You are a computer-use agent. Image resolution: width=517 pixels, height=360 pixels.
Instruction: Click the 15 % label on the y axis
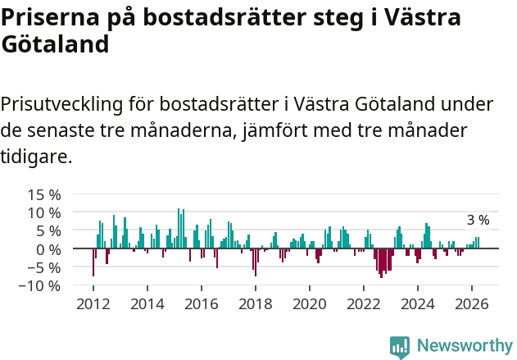tap(44, 195)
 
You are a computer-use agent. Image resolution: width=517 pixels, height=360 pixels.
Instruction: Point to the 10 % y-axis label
tap(44, 213)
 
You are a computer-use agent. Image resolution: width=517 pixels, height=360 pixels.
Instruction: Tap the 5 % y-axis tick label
tap(48, 231)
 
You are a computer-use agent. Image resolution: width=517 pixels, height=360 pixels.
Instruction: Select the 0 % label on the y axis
tap(48, 250)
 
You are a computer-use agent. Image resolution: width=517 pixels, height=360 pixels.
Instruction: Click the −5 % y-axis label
tap(44, 267)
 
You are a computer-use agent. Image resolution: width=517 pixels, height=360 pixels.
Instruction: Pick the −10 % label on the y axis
tap(40, 285)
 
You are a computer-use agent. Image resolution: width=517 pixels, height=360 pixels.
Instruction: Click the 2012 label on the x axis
tap(93, 304)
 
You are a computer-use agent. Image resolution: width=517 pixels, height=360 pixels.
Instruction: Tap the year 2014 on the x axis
tap(147, 304)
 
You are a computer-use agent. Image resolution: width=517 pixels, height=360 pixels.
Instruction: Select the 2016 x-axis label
tap(202, 304)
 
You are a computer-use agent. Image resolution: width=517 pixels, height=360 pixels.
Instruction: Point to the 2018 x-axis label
tap(256, 304)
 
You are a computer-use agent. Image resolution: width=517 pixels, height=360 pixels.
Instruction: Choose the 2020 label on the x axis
tap(310, 304)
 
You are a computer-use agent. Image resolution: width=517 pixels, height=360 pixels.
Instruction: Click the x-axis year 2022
tap(364, 304)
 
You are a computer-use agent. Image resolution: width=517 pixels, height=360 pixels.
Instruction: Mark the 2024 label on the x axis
tap(418, 304)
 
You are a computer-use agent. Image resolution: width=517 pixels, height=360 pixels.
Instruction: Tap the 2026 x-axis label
tap(472, 304)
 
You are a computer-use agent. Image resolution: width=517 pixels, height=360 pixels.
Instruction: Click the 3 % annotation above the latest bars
tap(478, 220)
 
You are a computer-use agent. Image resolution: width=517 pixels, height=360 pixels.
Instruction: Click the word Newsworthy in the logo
tap(465, 345)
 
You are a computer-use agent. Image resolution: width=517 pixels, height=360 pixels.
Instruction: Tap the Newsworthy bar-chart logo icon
tap(400, 347)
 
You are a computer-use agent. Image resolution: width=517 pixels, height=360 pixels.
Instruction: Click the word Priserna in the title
tap(50, 17)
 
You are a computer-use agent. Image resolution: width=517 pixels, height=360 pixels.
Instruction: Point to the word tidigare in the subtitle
tap(36, 156)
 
